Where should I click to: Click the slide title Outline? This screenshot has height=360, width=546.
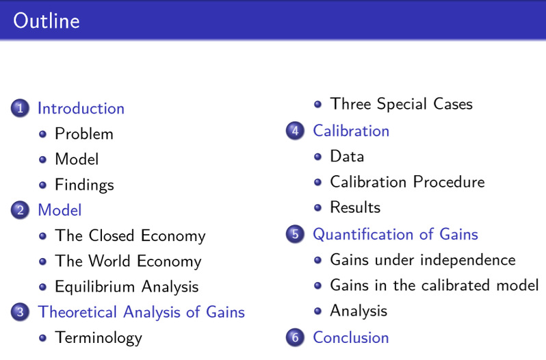coord(47,21)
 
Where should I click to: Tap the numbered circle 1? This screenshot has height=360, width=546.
coord(20,108)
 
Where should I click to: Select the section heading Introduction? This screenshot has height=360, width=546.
coord(81,108)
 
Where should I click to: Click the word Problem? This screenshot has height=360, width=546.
coord(84,133)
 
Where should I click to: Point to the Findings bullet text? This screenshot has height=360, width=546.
coord(84,185)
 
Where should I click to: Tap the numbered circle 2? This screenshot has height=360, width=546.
coord(20,210)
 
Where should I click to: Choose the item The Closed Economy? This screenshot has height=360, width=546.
coord(130,235)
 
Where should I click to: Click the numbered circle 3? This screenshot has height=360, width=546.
coord(20,311)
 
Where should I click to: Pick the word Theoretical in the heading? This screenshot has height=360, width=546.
coord(77,311)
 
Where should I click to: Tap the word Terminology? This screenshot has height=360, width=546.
coord(99,337)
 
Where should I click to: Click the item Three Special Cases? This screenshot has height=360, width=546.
coord(401,104)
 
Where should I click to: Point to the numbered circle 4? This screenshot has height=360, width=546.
coord(295,131)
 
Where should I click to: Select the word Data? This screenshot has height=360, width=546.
coord(347,156)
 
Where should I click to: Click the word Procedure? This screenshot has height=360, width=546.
coord(449,182)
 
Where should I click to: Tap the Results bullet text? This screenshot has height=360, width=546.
coord(355,207)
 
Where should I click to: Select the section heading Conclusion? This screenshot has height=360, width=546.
coord(350,337)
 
